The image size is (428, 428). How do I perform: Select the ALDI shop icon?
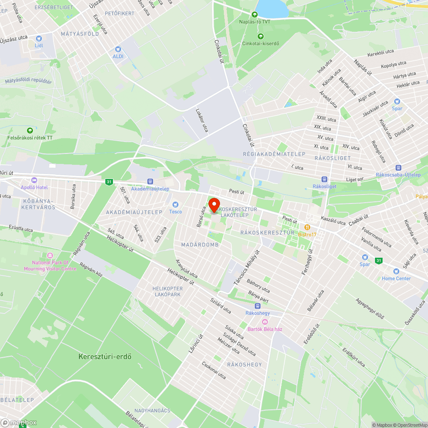click(x=118, y=49)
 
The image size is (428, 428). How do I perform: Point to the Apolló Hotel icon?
click(x=34, y=181)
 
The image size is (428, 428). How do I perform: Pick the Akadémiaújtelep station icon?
click(x=150, y=182)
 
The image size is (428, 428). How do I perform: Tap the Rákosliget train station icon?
click(x=324, y=180)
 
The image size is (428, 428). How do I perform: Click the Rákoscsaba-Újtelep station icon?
click(x=398, y=168)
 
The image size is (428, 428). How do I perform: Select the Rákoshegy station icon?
click(x=258, y=306)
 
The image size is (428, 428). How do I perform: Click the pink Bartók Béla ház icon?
click(x=265, y=322)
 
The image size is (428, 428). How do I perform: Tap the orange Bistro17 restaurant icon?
click(x=307, y=227)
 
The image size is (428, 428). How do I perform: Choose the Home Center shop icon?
click(x=396, y=271)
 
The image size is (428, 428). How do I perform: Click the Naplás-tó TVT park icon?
click(x=255, y=14)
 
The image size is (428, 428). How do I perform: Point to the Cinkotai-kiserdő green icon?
click(x=260, y=36)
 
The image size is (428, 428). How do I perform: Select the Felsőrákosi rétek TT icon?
click(x=30, y=131)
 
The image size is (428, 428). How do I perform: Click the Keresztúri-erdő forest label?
click(x=105, y=356)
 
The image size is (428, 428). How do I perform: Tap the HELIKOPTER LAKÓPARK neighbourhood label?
click(x=167, y=291)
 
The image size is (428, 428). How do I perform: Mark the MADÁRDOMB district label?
click(x=197, y=245)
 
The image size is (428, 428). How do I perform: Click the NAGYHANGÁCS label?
click(x=152, y=410)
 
